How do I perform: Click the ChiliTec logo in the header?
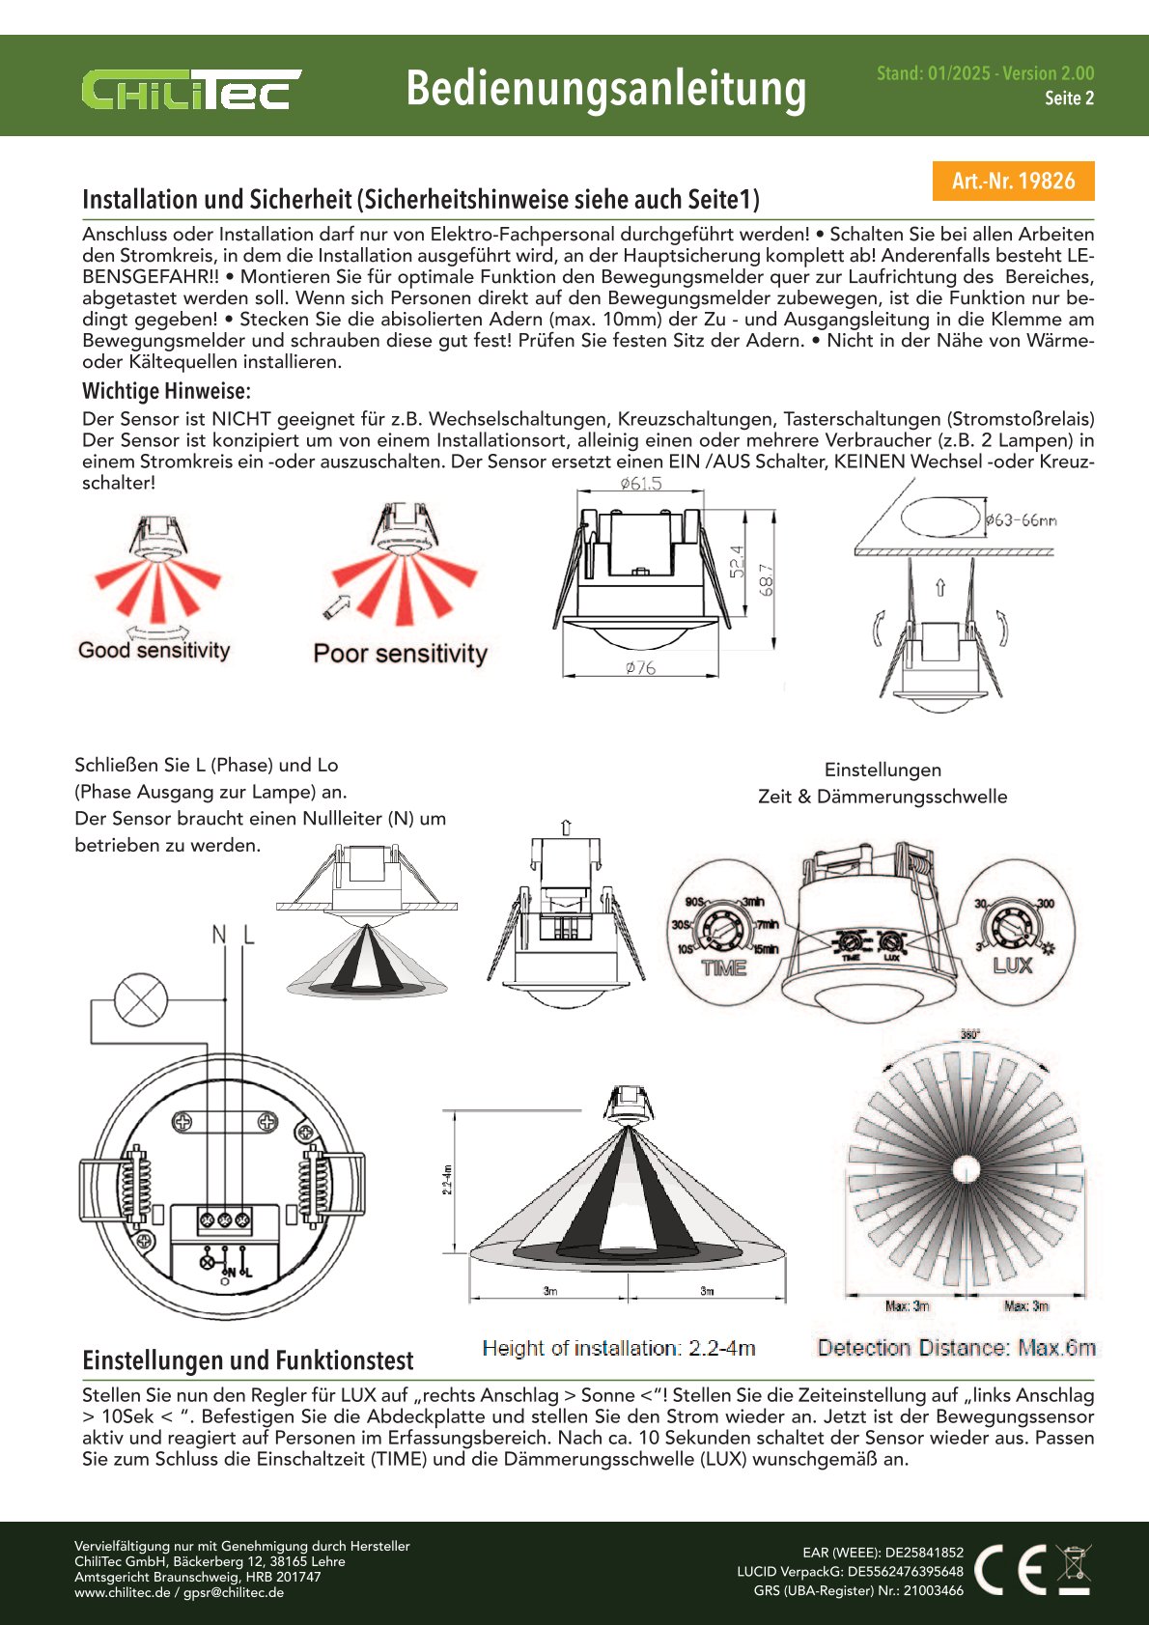click(191, 90)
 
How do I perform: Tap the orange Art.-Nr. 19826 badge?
click(1013, 181)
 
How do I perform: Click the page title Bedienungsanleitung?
click(605, 89)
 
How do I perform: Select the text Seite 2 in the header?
click(1069, 98)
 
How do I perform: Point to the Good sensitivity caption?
click(154, 650)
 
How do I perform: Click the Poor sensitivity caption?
click(400, 654)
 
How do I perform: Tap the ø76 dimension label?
click(640, 667)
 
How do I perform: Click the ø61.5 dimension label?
click(641, 484)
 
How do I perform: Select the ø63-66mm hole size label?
click(1022, 520)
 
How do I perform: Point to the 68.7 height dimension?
click(768, 579)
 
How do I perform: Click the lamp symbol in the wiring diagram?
click(141, 999)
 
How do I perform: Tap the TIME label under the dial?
click(723, 967)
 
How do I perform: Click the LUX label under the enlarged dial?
click(1012, 965)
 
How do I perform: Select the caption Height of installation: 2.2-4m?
click(619, 1348)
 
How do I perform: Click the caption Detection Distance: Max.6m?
click(956, 1348)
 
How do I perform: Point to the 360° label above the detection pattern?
click(969, 1034)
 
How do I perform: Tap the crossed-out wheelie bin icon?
click(1074, 1569)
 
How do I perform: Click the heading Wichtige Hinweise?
click(166, 391)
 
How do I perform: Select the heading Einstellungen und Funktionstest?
click(248, 1360)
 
